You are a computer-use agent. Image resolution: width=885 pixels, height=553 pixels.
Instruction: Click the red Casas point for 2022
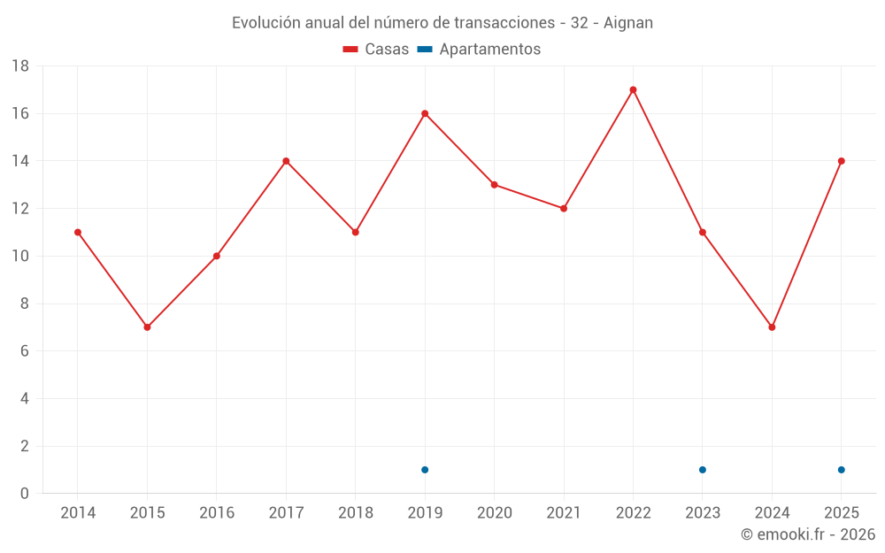(x=634, y=89)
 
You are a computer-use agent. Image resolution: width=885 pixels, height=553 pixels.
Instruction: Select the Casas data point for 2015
(x=147, y=327)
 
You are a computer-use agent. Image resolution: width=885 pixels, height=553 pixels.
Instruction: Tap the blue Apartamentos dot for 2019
(x=425, y=470)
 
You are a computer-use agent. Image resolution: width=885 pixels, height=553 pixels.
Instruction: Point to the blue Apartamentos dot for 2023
(x=703, y=470)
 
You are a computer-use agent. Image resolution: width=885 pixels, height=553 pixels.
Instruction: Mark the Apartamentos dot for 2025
(x=842, y=470)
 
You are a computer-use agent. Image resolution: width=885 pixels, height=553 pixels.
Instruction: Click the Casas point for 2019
(x=425, y=113)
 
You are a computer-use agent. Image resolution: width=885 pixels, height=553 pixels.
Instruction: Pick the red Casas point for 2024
(x=772, y=327)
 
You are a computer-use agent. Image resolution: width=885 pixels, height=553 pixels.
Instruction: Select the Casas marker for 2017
(x=286, y=161)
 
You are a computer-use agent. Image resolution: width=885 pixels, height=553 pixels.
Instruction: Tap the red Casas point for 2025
(x=842, y=161)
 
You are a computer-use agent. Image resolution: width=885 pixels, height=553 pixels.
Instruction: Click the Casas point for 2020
(x=495, y=185)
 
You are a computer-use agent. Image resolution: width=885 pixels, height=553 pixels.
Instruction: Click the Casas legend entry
(x=376, y=49)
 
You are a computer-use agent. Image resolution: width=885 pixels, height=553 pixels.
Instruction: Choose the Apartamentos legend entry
(x=479, y=49)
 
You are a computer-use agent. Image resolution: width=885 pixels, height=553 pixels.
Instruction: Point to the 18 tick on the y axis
(x=20, y=66)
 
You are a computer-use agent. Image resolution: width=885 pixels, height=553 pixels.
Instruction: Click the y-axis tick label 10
(x=20, y=257)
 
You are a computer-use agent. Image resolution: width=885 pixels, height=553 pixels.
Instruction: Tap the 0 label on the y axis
(x=24, y=493)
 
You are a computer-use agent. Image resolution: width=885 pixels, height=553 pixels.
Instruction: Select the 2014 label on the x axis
(x=78, y=512)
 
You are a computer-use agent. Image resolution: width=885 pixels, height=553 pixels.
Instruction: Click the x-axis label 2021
(x=564, y=512)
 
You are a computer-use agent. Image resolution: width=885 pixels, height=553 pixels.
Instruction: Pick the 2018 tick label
(x=356, y=512)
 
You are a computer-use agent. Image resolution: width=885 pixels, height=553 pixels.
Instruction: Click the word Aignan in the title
(x=628, y=23)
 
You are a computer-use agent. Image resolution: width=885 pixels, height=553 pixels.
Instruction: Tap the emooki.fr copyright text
(x=808, y=534)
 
